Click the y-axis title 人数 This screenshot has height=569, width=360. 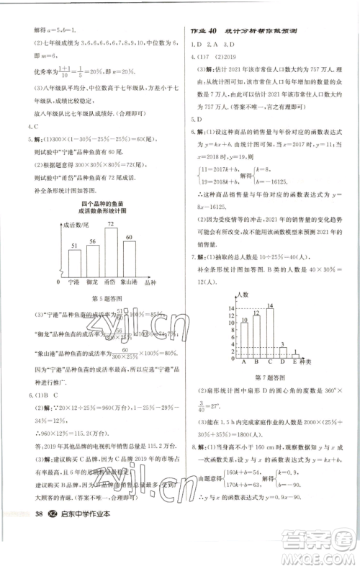[242, 295]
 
